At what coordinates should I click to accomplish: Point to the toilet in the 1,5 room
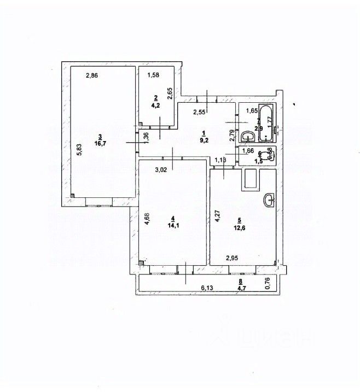(267, 154)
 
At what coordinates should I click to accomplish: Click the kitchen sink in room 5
(270, 201)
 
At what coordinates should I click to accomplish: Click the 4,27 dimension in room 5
(217, 218)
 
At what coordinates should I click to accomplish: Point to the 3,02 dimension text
(161, 169)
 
